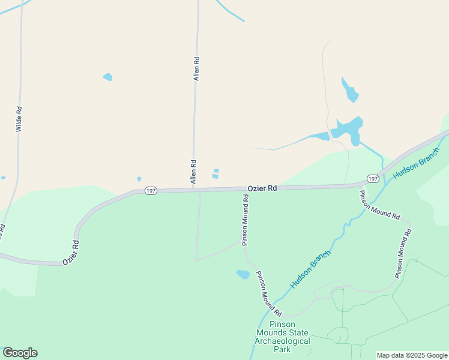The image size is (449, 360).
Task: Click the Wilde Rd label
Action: [19, 119]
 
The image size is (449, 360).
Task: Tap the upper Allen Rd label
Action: [196, 68]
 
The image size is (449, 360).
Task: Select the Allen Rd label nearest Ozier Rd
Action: [193, 172]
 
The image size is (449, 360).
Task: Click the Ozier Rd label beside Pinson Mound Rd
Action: [262, 188]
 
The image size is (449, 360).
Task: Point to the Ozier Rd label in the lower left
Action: [71, 253]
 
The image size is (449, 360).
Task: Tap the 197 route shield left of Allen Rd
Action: [151, 190]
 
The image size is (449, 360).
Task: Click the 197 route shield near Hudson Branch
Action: [373, 179]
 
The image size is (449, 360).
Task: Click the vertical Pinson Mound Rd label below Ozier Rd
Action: [245, 220]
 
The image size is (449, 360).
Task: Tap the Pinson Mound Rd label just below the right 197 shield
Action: [379, 205]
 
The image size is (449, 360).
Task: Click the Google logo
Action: [20, 353]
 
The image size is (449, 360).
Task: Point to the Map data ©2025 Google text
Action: [412, 355]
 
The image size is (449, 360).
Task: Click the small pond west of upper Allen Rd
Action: [108, 77]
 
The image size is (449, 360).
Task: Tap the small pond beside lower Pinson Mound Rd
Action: [243, 274]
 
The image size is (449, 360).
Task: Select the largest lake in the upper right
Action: [348, 130]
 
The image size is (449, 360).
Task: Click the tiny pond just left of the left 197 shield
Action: [139, 179]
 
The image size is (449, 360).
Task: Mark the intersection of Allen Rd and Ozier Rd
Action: [193, 190]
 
